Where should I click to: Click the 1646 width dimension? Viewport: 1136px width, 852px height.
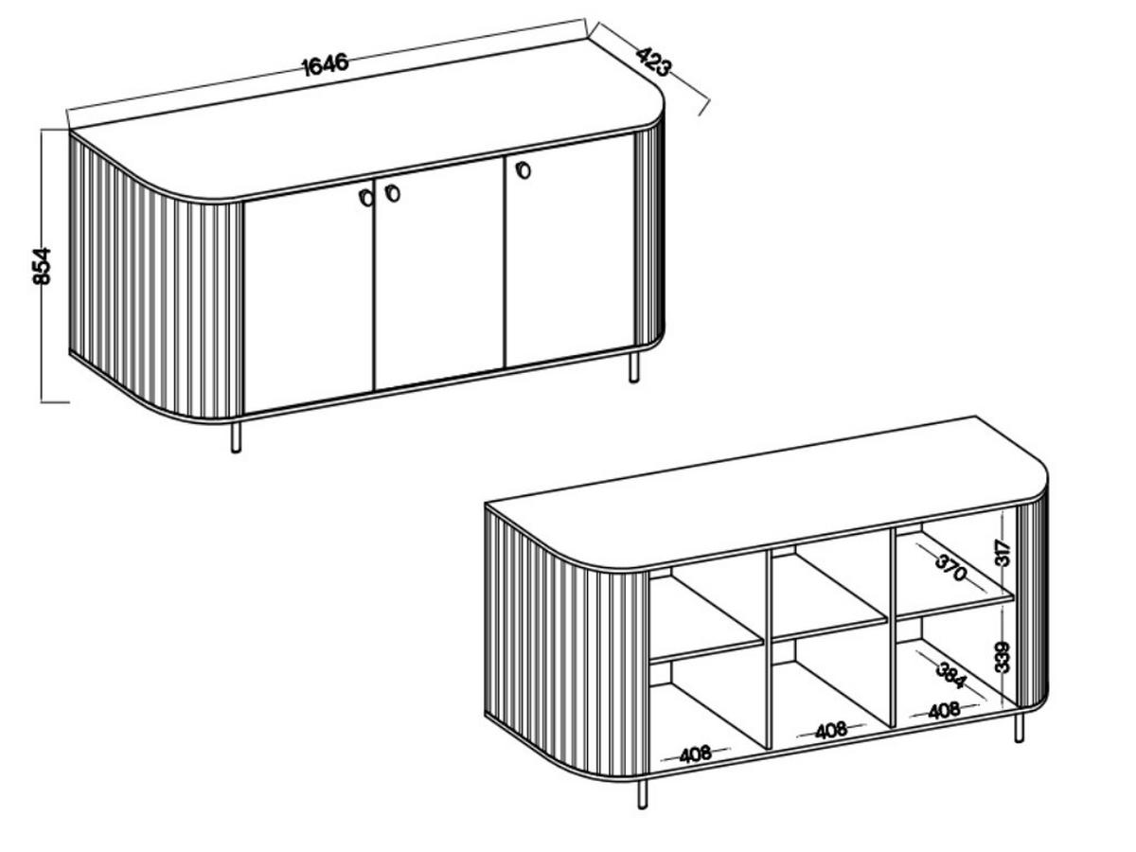click(x=325, y=64)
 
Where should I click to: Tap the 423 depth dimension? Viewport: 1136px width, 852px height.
click(x=653, y=62)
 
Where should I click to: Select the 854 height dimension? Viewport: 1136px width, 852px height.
click(x=42, y=266)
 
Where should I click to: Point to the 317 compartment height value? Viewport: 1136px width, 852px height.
click(x=1003, y=553)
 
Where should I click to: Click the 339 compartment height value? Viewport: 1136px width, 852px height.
click(x=1003, y=657)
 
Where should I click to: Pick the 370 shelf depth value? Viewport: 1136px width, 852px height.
click(x=951, y=567)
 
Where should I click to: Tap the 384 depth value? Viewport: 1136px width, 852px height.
click(x=951, y=676)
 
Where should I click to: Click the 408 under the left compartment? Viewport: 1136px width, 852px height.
click(x=696, y=754)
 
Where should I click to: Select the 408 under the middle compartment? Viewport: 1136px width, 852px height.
click(x=831, y=731)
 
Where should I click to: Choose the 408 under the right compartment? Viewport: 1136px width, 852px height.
click(x=945, y=711)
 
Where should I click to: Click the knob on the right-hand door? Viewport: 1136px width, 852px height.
click(x=524, y=169)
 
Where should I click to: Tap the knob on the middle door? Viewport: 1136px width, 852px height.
click(x=392, y=193)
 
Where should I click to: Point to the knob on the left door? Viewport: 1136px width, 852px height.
click(x=366, y=197)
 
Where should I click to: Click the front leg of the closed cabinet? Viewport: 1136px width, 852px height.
click(x=236, y=437)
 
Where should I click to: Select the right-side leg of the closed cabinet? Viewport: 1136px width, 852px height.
click(x=634, y=368)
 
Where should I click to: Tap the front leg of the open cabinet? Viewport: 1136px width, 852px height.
click(x=642, y=794)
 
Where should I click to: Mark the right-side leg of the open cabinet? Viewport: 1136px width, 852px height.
click(x=1019, y=728)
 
